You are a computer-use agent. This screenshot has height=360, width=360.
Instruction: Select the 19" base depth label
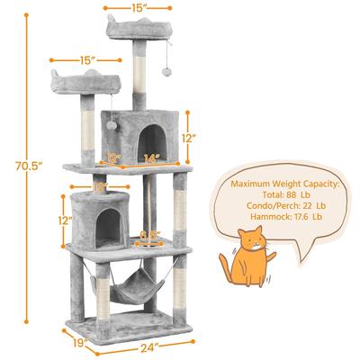click(80, 342)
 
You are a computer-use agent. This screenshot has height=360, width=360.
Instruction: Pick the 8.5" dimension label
click(150, 236)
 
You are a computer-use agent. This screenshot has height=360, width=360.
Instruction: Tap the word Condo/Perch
click(257, 207)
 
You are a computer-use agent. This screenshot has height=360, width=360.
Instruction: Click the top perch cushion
click(140, 30)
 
